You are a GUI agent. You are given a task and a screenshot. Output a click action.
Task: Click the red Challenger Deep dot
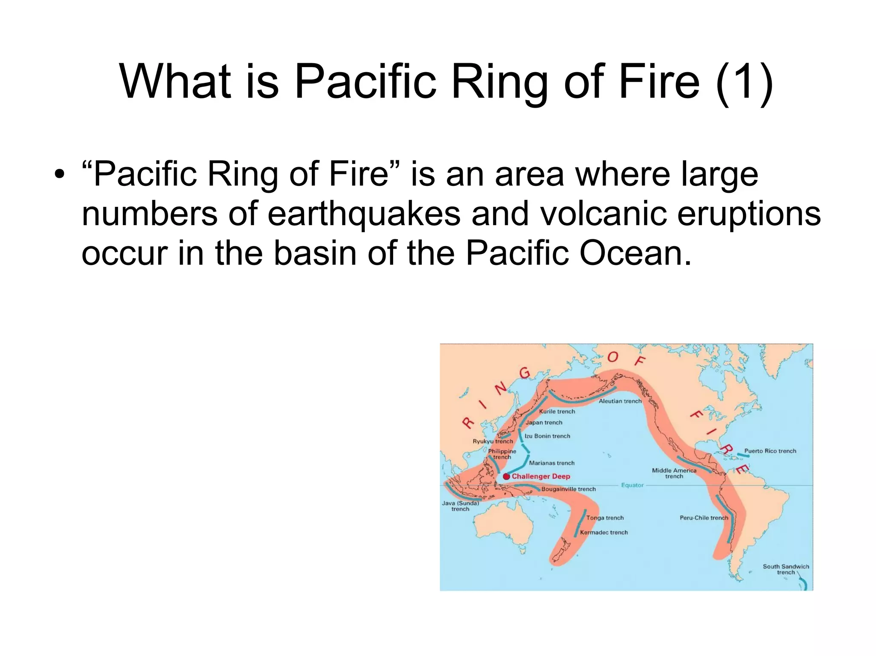coord(506,477)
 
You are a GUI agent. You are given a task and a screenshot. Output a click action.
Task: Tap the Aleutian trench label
coord(620,401)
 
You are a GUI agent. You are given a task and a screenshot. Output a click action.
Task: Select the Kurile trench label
coord(557,412)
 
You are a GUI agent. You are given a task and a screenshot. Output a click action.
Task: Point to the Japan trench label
coord(544,423)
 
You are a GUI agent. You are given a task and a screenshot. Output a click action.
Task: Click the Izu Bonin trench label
coord(547,436)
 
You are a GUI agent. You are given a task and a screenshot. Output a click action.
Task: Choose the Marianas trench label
coord(552,463)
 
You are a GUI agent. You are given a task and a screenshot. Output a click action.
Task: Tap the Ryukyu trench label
coord(493,441)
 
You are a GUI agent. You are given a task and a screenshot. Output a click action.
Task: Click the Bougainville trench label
coord(568,489)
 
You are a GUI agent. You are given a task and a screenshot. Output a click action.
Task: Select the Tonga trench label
coord(605,518)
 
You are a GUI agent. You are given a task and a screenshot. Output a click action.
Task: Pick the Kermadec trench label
coord(604,532)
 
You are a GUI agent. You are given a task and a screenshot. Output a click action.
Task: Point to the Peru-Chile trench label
coord(704,518)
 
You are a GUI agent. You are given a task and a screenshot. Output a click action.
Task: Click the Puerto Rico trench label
coord(770,451)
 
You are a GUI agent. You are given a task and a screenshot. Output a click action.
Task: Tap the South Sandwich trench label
coord(786,569)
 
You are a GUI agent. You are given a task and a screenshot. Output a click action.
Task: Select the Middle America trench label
coord(674,473)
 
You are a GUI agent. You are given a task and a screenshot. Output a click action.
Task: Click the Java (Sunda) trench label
coord(460,506)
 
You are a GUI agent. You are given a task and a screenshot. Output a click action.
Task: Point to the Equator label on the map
coord(632,485)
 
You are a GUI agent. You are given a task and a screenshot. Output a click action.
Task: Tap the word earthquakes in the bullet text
coord(364,214)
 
